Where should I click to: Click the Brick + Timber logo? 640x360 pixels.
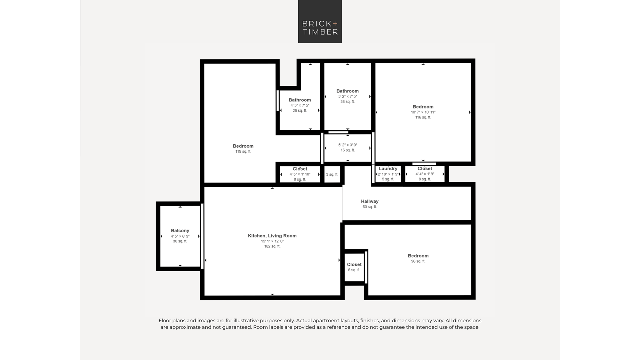click(x=320, y=21)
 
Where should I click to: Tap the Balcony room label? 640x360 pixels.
click(x=180, y=230)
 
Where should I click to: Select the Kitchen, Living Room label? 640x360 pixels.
click(x=272, y=236)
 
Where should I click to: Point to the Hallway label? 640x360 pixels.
click(x=370, y=201)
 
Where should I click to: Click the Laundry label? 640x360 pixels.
click(x=388, y=169)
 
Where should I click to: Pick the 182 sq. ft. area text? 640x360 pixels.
click(x=272, y=246)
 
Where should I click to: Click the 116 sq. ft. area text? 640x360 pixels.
click(x=423, y=117)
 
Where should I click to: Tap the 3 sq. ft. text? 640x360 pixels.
click(x=332, y=175)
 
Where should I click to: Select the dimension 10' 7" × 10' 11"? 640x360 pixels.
click(x=423, y=112)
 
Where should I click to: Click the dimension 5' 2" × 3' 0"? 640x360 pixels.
click(x=348, y=145)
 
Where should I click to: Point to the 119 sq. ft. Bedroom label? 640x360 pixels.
click(x=243, y=146)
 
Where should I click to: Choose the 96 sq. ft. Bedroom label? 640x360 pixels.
click(x=418, y=256)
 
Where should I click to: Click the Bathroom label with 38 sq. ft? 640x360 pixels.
click(x=348, y=91)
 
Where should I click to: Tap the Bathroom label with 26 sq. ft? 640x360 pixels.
click(x=300, y=100)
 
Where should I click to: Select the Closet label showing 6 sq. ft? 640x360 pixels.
click(x=354, y=265)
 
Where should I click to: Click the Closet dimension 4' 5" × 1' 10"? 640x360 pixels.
click(x=300, y=174)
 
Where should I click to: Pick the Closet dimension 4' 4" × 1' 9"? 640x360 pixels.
click(x=425, y=174)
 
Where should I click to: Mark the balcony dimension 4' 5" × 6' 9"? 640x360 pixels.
click(x=180, y=236)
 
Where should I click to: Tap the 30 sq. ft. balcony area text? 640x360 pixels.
click(x=180, y=241)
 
